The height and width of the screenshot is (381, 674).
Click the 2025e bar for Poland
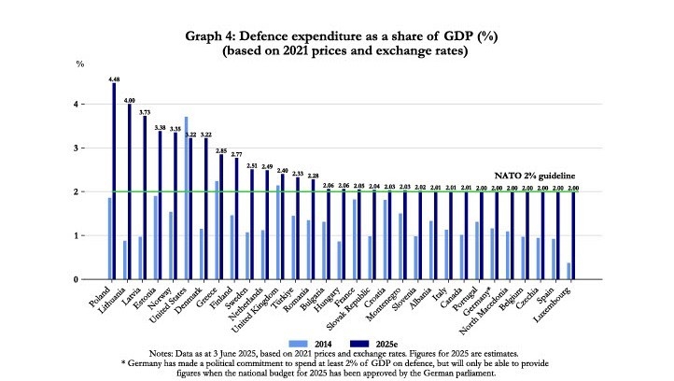[x=115, y=182]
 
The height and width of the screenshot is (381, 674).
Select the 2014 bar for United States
[x=187, y=198]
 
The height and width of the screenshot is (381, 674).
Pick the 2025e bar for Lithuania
[x=130, y=191]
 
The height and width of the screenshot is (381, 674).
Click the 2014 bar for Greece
[x=217, y=230]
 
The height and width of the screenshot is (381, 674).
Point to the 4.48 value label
[x=114, y=78]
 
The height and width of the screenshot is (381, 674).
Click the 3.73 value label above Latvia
[x=145, y=111]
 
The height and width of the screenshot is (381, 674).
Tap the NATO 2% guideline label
[x=533, y=176]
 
